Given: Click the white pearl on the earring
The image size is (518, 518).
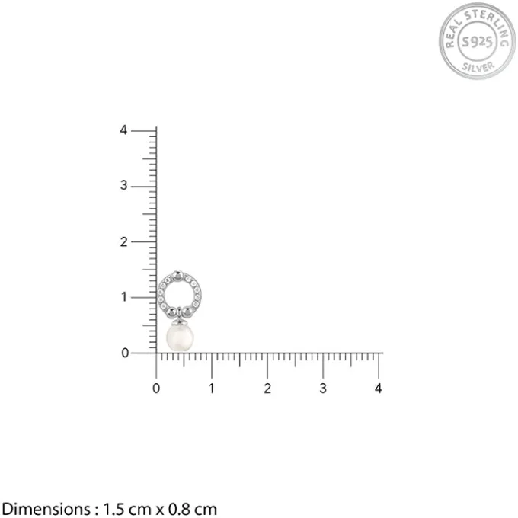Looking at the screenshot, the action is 180,337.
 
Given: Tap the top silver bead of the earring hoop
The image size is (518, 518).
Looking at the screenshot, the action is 178,276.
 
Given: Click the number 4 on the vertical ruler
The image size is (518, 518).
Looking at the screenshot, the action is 123,129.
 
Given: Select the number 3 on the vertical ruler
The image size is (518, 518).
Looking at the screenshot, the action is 123,185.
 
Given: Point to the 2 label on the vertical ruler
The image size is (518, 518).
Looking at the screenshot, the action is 123,242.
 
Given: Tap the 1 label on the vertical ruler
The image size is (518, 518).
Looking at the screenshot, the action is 124,297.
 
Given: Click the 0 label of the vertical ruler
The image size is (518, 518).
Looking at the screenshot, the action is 125,353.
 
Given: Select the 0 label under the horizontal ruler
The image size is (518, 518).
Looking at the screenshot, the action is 156,388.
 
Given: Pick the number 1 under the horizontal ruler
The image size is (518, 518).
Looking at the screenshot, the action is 212,388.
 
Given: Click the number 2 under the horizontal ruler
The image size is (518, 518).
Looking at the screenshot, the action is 267,388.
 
